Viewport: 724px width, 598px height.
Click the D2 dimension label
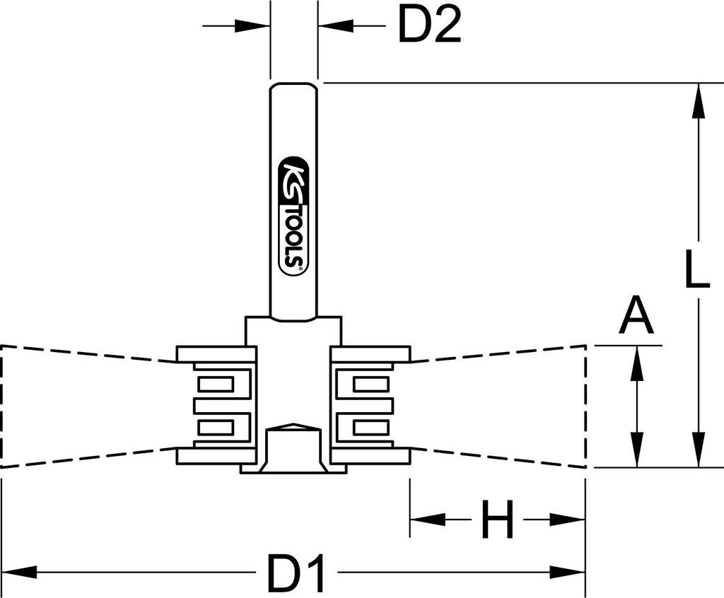click(x=428, y=27)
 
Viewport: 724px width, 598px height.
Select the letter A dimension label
click(x=636, y=317)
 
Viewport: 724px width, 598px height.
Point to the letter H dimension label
click(x=498, y=520)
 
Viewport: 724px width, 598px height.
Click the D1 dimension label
click(x=296, y=573)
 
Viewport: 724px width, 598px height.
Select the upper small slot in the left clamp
click(x=216, y=385)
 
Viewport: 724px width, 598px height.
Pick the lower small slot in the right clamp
click(x=370, y=426)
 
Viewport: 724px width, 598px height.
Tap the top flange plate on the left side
click(x=216, y=353)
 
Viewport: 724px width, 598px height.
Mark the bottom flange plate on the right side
click(x=370, y=456)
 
